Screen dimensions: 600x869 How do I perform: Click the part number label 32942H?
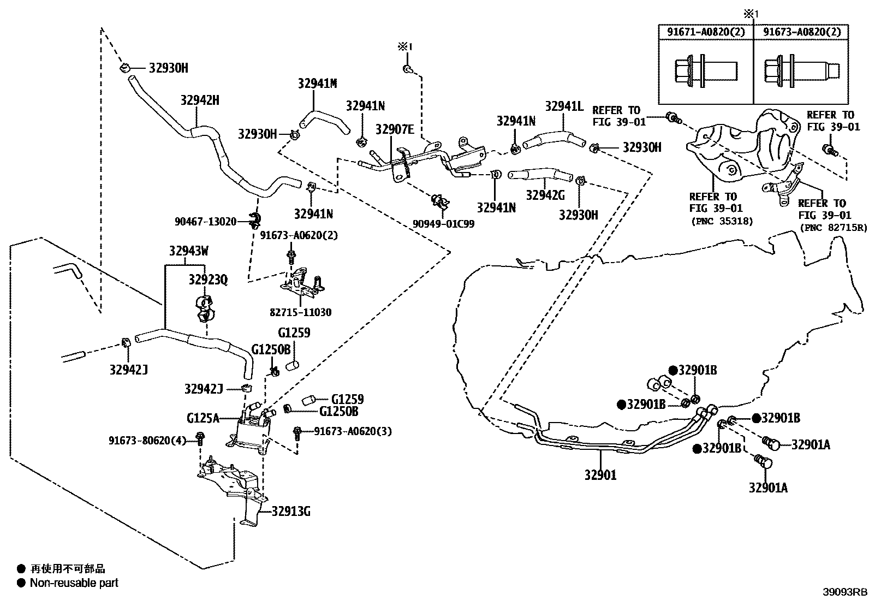click(200, 100)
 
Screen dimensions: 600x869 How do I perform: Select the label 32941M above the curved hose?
click(317, 84)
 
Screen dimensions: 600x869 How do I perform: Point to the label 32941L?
click(564, 106)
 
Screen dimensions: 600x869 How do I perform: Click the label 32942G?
click(545, 195)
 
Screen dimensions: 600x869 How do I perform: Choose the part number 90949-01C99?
click(444, 224)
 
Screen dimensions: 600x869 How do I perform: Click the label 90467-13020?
click(205, 222)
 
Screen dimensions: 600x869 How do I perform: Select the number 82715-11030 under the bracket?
click(300, 312)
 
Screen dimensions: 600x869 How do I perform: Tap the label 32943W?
click(189, 252)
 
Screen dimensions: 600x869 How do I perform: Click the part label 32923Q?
click(208, 280)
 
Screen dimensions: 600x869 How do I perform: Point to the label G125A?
click(203, 418)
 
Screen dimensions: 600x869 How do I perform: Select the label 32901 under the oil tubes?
click(600, 474)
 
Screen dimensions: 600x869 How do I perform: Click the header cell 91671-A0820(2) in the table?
click(705, 32)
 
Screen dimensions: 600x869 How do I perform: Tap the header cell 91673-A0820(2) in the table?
click(801, 32)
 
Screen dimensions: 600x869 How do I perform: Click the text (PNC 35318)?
click(722, 221)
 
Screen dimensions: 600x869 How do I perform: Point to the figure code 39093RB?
click(845, 592)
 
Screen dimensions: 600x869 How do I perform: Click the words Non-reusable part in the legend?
click(74, 583)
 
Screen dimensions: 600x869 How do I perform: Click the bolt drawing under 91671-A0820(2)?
click(705, 71)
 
